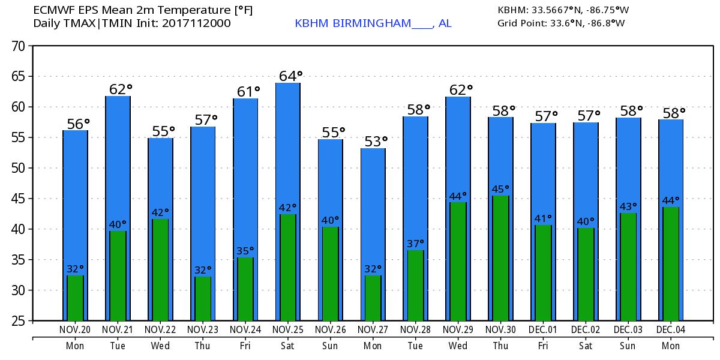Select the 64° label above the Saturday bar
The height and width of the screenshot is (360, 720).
point(290,76)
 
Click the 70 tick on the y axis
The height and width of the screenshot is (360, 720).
point(17,46)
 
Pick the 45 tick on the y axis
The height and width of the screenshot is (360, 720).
point(17,199)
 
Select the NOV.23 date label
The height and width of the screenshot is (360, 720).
point(203,329)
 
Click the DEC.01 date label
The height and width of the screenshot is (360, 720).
point(543,329)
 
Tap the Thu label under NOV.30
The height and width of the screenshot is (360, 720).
point(500,346)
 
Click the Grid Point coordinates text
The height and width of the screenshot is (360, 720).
point(561,23)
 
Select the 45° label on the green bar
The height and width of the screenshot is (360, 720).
point(501,190)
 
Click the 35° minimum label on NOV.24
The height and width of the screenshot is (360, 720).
point(245,251)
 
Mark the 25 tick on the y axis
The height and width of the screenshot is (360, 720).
point(17,321)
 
